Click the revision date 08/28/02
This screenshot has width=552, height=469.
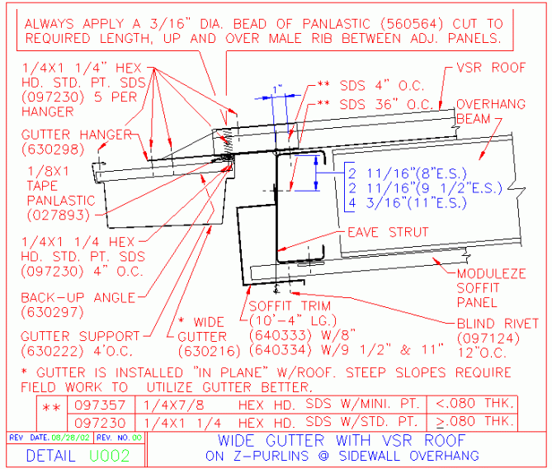70,437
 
